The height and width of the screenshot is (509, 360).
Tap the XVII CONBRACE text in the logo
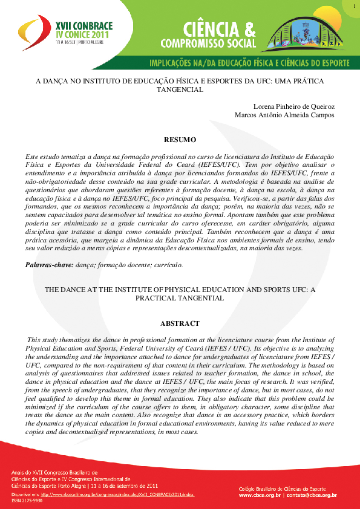pos(83,27)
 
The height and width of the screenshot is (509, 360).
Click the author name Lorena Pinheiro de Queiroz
pos(295,106)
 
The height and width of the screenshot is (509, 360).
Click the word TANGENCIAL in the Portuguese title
pos(180,89)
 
